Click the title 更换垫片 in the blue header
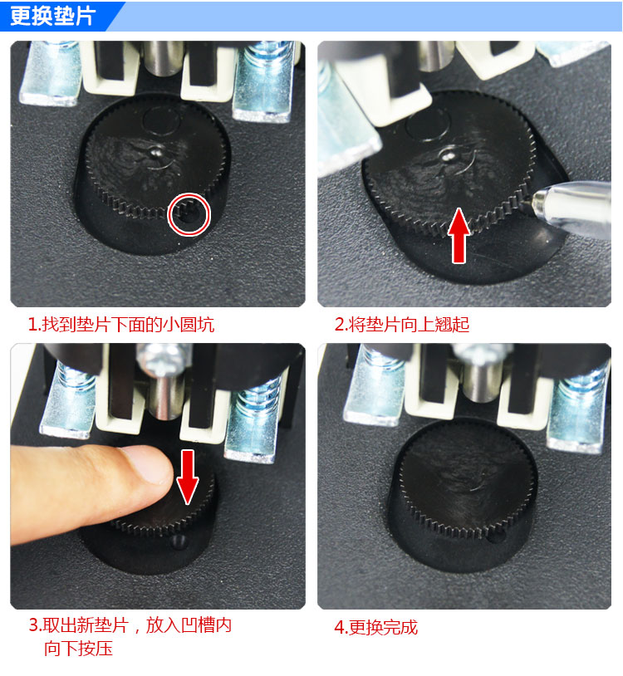pyautogui.click(x=52, y=16)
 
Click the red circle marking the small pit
pyautogui.click(x=189, y=196)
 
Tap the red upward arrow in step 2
pyautogui.click(x=459, y=235)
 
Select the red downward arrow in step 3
pyautogui.click(x=188, y=477)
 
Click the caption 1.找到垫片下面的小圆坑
pyautogui.click(x=120, y=324)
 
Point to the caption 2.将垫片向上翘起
pyautogui.click(x=402, y=324)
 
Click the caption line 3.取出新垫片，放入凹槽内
pyautogui.click(x=130, y=625)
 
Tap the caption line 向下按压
pyautogui.click(x=78, y=649)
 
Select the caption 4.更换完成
pyautogui.click(x=376, y=627)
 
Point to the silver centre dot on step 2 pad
pyautogui.click(x=448, y=154)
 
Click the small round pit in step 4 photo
pyautogui.click(x=495, y=536)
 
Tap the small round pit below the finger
pyautogui.click(x=179, y=541)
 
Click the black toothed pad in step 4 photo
pyautogui.click(x=467, y=478)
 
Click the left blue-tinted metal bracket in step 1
pyautogui.click(x=51, y=73)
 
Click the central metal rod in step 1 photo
pyautogui.click(x=164, y=58)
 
